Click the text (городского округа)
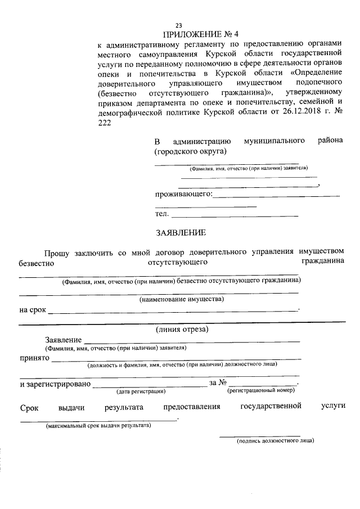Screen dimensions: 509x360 coord(191,151)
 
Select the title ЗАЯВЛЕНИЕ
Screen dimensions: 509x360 coord(181,232)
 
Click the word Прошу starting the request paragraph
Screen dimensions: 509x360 coord(57,251)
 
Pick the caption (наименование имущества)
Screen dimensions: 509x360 coord(182,299)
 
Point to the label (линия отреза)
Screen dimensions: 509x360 coord(181,329)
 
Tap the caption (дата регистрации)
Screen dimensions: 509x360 coord(141,390)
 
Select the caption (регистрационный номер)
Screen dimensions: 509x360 coord(261,390)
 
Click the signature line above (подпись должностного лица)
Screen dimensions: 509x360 coord(259,435)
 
